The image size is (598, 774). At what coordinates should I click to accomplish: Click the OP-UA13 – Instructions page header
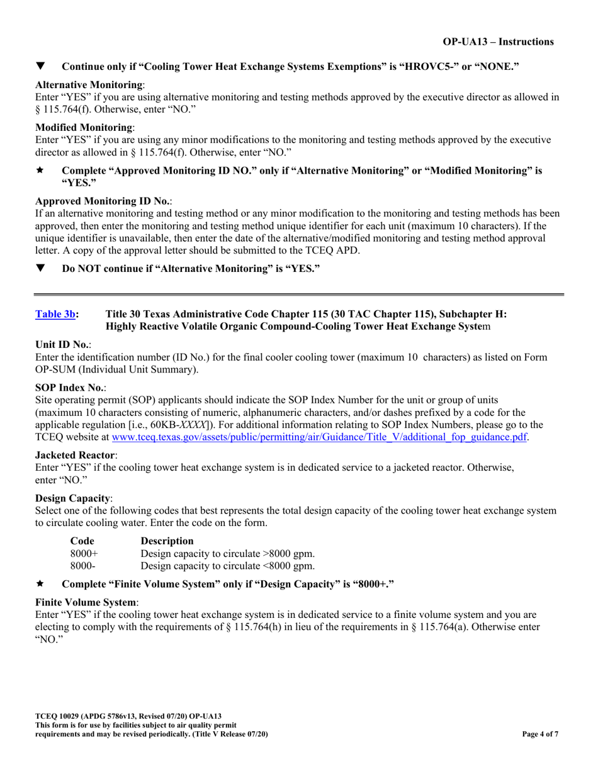tap(498, 42)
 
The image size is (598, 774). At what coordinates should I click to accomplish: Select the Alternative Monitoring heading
tap(89, 84)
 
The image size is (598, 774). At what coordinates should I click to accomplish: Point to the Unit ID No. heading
tap(62, 345)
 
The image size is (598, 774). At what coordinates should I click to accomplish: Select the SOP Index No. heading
tap(69, 388)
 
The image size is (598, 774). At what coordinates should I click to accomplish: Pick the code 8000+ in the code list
tap(84, 554)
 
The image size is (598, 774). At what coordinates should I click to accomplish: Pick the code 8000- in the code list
tap(82, 566)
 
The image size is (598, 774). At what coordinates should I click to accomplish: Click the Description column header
tap(167, 541)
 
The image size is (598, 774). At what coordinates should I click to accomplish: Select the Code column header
tap(82, 541)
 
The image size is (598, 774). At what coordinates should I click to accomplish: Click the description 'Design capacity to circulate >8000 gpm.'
tap(228, 554)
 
